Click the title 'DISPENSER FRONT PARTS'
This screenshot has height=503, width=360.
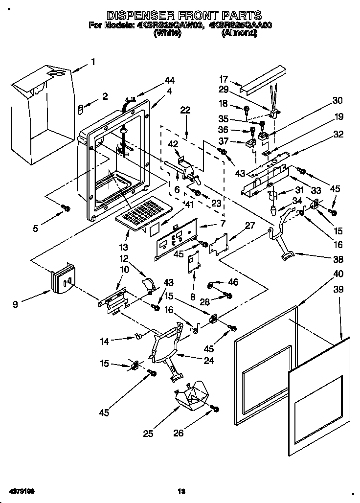point(184,16)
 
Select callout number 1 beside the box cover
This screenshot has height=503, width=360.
point(92,62)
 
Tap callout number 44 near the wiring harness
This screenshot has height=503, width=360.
point(169,80)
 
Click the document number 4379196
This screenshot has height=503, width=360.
point(20,490)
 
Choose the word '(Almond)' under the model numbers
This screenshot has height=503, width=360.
point(239,32)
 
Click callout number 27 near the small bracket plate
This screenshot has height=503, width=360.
point(249,226)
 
